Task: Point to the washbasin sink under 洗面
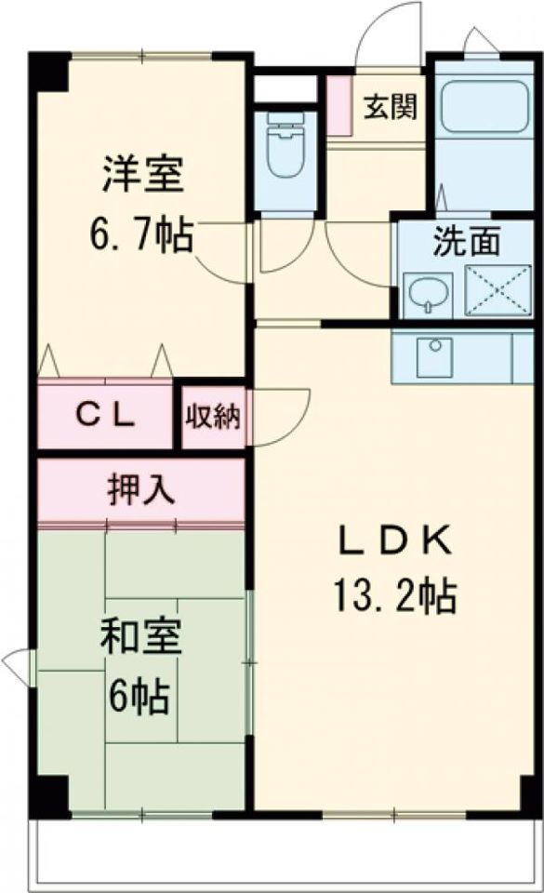point(429,294)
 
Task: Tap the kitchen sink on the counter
point(434,356)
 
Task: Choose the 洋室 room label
point(142,175)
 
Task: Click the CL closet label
point(105,415)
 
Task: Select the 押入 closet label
point(141,489)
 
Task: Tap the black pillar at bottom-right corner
point(530,796)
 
